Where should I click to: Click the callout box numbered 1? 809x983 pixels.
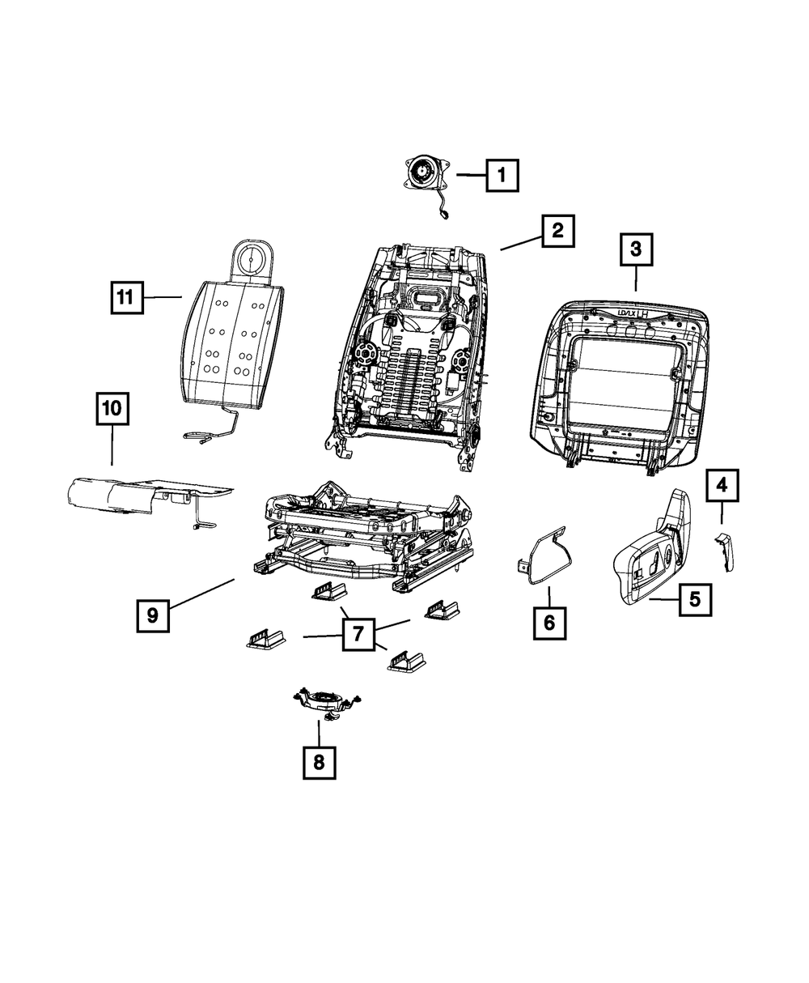pos(502,174)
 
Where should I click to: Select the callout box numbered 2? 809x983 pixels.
pos(557,231)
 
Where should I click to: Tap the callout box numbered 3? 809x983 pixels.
pos(636,250)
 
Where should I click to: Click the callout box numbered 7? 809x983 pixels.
pos(358,634)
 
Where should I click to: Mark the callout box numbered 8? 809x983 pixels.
pos(319,762)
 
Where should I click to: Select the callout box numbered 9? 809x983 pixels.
pos(153,616)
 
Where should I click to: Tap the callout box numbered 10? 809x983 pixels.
pos(112,409)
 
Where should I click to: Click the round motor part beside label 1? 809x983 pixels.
pos(423,173)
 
